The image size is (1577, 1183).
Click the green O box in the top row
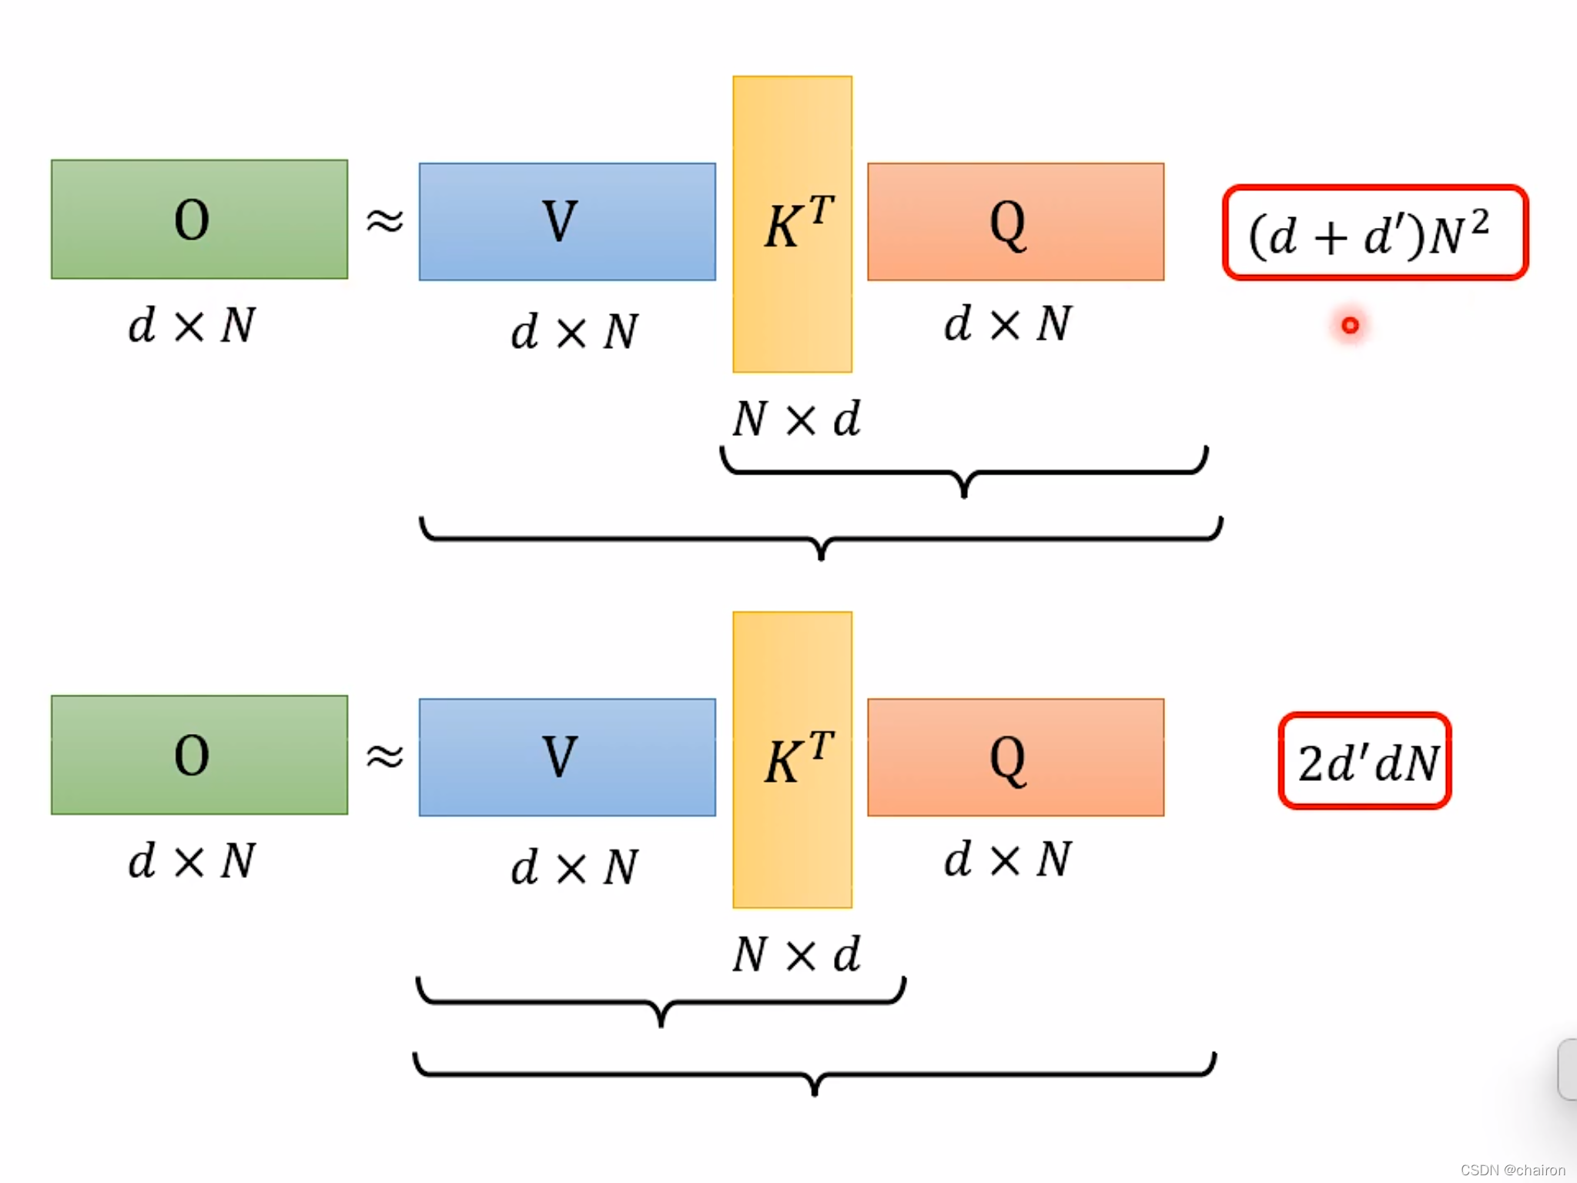199,220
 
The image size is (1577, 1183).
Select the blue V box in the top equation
567,222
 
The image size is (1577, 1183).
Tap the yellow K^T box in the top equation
792,224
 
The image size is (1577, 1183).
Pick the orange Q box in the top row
1016,222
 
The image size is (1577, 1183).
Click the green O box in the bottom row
199,755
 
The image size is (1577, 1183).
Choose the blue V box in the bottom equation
567,757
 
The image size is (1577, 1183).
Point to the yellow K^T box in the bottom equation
792,759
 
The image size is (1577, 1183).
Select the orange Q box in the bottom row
1016,757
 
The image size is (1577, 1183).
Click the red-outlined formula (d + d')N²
1375,233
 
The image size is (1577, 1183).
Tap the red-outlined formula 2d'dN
1365,761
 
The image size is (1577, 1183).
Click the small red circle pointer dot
1350,326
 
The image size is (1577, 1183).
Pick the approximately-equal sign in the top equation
384,221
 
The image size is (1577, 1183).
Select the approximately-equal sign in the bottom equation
384,756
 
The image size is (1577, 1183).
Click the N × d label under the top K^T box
796,420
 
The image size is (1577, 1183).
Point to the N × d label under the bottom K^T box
796,955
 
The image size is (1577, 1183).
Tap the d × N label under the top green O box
191,325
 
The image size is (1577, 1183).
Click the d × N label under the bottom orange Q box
1008,860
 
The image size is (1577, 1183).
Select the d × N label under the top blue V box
574,332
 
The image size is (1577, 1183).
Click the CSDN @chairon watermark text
1512,1170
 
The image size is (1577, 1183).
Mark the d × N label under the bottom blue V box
574,867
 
